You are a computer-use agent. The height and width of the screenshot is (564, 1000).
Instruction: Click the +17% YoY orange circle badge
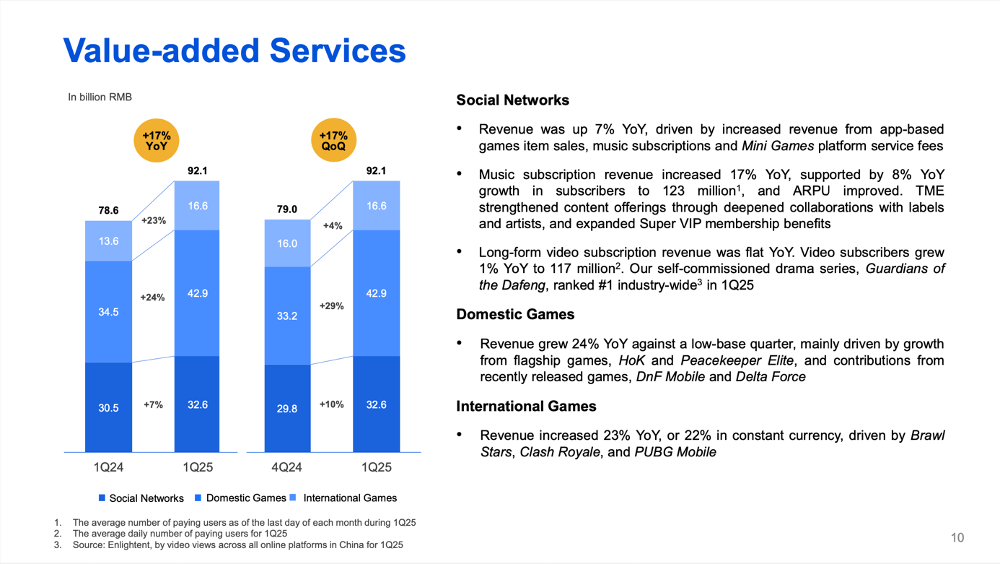tap(157, 140)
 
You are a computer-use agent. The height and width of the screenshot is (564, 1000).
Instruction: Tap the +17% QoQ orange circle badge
tap(333, 140)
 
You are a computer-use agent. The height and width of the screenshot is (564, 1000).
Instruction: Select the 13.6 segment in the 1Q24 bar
tap(108, 241)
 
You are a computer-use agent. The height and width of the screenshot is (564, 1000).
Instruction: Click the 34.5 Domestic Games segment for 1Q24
tap(108, 312)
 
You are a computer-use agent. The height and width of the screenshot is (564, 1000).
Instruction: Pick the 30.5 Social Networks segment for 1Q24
tap(108, 408)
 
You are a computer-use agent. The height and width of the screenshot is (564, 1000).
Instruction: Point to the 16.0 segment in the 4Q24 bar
tap(287, 243)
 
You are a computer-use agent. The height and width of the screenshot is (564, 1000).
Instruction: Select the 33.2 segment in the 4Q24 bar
tap(287, 316)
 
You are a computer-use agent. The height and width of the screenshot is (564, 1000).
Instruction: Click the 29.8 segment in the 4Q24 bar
tap(287, 409)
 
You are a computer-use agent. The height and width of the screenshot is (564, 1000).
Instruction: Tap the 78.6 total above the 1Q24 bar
tap(108, 210)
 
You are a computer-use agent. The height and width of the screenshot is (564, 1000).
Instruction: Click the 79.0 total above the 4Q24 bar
tap(287, 209)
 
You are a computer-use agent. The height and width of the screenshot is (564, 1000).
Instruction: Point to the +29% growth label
tap(332, 306)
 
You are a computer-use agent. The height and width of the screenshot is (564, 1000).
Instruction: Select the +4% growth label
tap(333, 226)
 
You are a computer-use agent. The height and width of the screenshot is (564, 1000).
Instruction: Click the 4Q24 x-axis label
tap(286, 467)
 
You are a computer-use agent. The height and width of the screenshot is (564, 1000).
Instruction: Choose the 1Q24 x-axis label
tap(108, 467)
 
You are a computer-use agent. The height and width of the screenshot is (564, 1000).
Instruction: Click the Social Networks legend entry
tap(141, 498)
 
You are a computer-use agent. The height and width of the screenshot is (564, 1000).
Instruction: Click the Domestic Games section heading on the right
tap(515, 315)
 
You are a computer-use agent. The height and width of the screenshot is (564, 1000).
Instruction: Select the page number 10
tap(957, 537)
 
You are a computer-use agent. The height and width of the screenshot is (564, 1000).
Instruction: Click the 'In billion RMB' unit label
tap(100, 97)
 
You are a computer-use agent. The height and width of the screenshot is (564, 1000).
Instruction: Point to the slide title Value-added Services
tap(234, 51)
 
